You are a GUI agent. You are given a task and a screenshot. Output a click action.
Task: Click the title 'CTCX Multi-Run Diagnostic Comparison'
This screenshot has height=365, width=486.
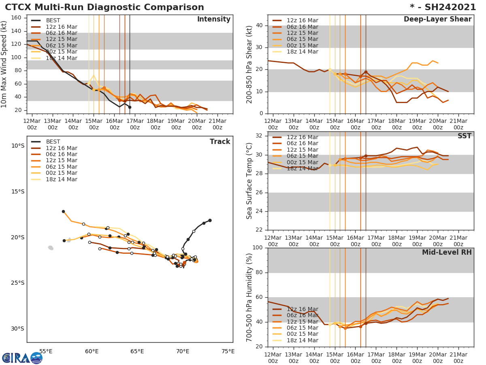click(104, 7)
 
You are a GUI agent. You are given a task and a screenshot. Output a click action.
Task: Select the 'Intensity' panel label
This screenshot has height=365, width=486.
click(213, 19)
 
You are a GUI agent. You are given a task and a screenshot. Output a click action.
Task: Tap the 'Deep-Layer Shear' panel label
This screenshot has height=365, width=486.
click(437, 19)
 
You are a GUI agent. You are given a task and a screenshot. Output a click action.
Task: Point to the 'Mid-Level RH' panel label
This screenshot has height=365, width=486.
click(446, 252)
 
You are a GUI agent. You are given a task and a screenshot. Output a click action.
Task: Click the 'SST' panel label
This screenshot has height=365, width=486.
click(464, 136)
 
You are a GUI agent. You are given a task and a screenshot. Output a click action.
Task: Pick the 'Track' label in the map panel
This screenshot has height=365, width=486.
click(220, 142)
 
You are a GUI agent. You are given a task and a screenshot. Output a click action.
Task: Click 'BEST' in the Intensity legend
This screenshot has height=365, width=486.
click(53, 21)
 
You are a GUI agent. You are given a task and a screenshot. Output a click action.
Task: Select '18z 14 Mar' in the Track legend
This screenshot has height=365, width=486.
click(61, 179)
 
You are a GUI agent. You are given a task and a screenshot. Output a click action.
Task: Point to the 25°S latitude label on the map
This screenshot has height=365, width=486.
click(17, 283)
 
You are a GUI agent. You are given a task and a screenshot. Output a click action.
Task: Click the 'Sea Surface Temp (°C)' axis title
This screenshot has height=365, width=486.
click(249, 181)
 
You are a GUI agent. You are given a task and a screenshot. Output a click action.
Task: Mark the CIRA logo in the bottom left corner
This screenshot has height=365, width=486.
click(22, 358)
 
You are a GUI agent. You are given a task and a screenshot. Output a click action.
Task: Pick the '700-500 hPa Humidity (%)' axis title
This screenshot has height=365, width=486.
click(249, 297)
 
